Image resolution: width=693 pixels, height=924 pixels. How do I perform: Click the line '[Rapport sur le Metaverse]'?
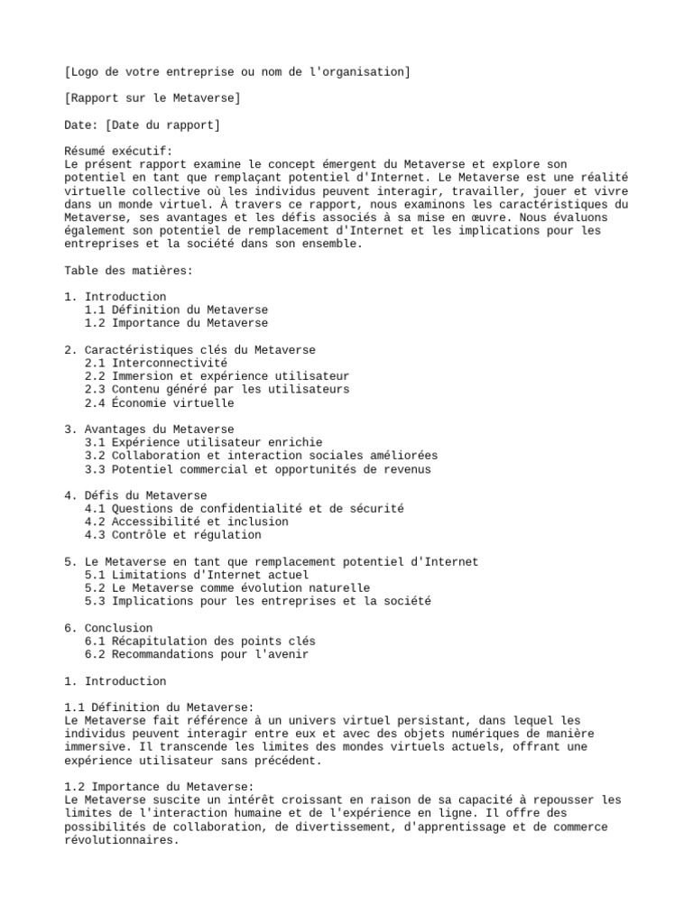[x=152, y=97]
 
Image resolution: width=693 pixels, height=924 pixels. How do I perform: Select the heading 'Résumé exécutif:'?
[x=118, y=151]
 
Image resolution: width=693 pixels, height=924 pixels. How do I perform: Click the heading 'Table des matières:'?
[x=128, y=270]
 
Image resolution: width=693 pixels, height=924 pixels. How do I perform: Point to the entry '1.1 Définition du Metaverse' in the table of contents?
[x=176, y=310]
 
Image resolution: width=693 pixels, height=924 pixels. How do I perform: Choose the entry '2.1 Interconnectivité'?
[x=156, y=362]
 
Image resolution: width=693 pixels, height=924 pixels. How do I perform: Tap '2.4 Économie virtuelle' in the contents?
[x=159, y=402]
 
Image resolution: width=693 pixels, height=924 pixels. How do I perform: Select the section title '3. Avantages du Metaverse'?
[x=149, y=429]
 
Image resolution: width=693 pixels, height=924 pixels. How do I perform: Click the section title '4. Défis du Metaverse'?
[x=135, y=495]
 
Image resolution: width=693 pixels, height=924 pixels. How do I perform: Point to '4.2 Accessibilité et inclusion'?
[x=187, y=522]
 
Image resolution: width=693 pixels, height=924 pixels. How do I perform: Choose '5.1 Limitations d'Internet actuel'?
[x=197, y=575]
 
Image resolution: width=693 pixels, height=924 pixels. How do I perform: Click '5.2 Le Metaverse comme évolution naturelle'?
[x=227, y=588]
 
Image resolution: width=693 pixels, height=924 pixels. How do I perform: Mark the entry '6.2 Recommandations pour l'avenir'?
[x=197, y=654]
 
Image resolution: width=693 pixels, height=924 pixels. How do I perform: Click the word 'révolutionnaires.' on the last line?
[x=122, y=840]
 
